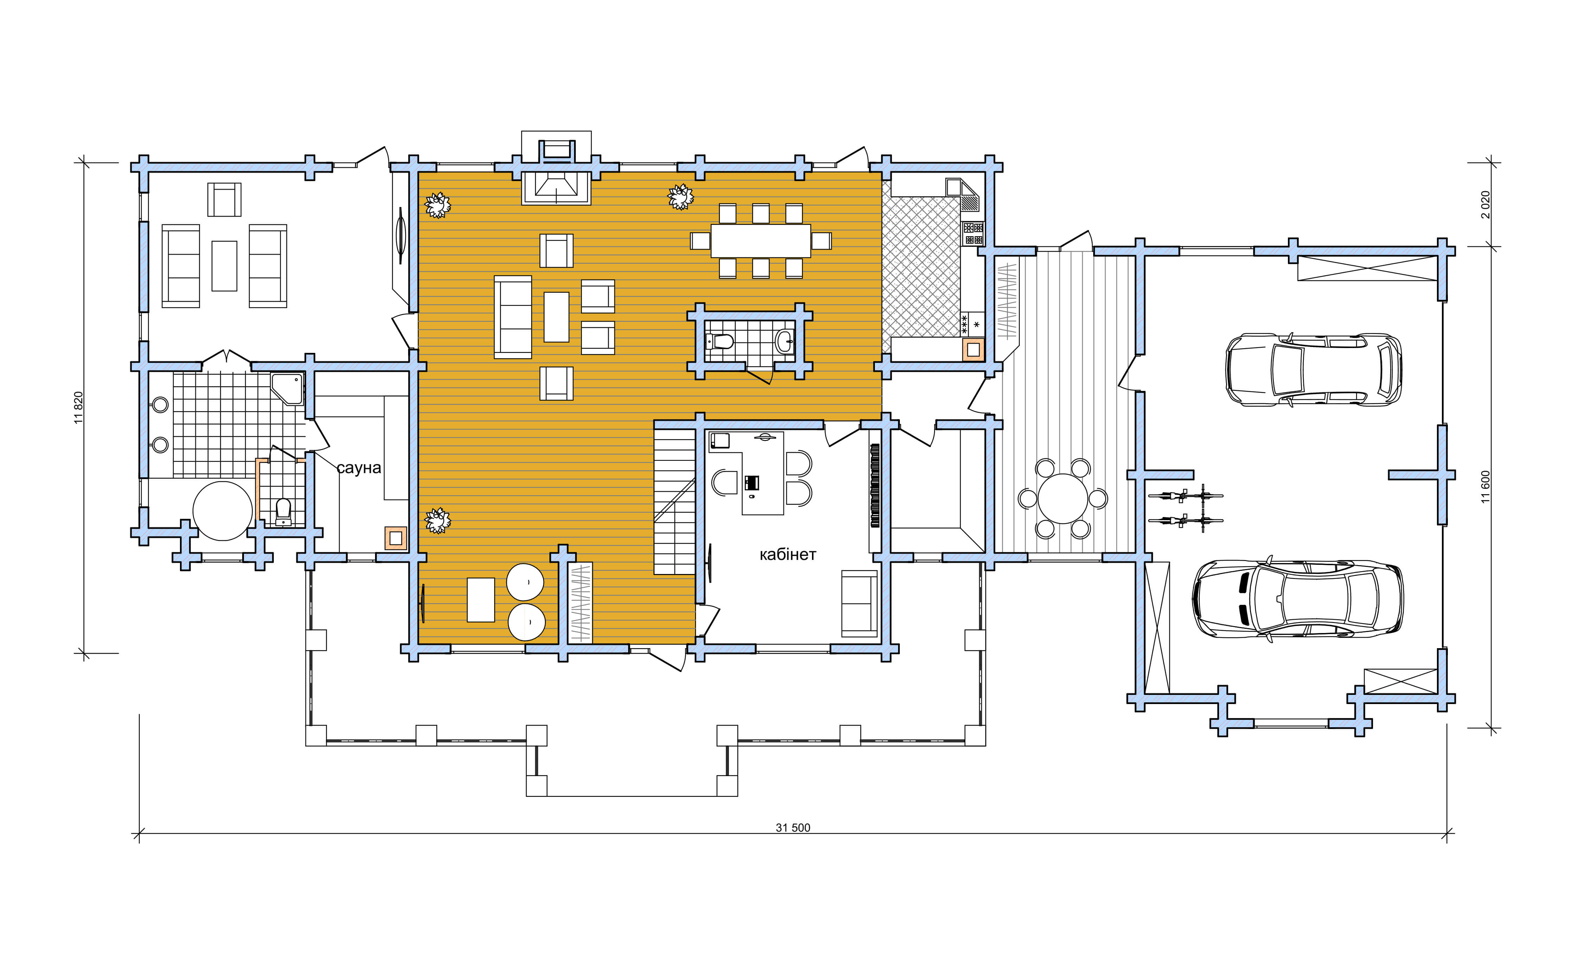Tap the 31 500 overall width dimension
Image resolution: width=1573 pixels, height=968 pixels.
(793, 828)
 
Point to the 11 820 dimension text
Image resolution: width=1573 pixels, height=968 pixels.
(79, 407)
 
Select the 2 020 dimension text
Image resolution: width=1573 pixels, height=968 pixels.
(1485, 204)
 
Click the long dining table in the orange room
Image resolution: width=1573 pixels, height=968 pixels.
(761, 241)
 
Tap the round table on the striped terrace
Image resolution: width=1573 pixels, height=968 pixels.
(1062, 498)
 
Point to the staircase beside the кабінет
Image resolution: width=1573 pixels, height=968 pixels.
(674, 502)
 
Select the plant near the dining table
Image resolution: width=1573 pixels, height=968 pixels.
(681, 197)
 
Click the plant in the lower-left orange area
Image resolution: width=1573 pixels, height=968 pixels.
(438, 521)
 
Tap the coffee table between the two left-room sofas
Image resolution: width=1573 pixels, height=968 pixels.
(224, 266)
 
